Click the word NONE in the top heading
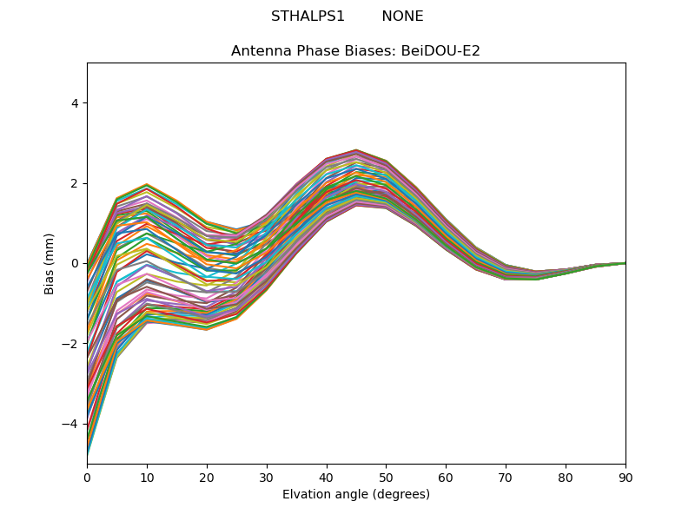(402, 16)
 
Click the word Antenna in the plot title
(258, 51)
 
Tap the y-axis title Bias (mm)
(50, 263)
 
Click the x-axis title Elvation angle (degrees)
(356, 495)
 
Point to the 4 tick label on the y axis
(75, 103)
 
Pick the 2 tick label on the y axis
(75, 183)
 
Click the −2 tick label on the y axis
(71, 344)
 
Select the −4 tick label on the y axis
(71, 424)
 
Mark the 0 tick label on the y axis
(75, 263)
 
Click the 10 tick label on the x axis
(147, 477)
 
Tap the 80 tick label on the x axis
(566, 477)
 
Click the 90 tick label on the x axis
(625, 477)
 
